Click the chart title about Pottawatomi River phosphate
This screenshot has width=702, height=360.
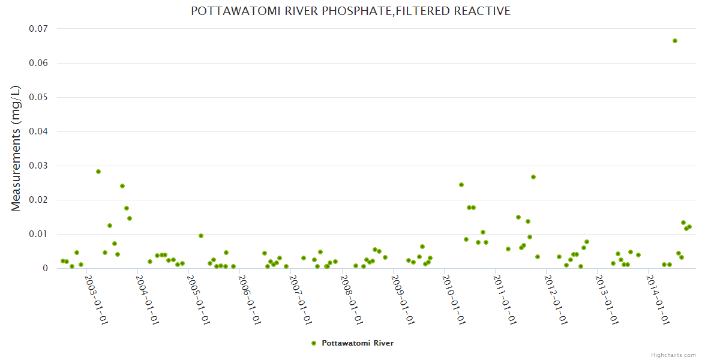[x=350, y=11]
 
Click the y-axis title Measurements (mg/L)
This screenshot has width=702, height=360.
[x=16, y=148]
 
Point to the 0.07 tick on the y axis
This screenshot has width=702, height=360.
[x=38, y=29]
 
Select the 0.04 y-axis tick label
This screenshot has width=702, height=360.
[x=38, y=131]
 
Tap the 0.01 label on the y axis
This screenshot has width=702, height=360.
[x=38, y=234]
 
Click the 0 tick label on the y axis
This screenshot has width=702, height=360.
[x=44, y=268]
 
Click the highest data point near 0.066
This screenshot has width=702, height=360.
[x=675, y=41]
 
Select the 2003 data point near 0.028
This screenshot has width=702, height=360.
[x=98, y=172]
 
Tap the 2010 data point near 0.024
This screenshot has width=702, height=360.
[x=461, y=185]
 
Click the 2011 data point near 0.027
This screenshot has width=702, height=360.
[x=533, y=177]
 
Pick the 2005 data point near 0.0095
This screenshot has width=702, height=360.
[x=201, y=236]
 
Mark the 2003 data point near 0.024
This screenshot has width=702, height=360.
[x=122, y=186]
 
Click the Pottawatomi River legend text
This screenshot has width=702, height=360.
[x=358, y=343]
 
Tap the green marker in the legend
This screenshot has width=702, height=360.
[x=314, y=343]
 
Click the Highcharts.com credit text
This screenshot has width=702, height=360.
[x=673, y=355]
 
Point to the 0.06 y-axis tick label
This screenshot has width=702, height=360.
[x=38, y=63]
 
